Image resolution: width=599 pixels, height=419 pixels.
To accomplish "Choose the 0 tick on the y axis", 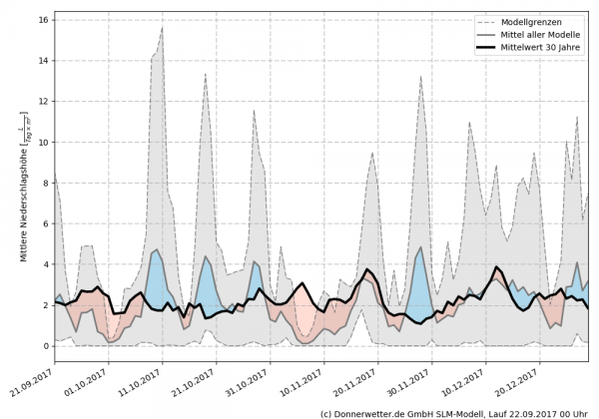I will pyautogui.click(x=45, y=346).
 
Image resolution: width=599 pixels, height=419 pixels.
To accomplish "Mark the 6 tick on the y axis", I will pyautogui.click(x=45, y=223).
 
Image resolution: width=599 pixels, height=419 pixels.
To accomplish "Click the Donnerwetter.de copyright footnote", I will pyautogui.click(x=453, y=412).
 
